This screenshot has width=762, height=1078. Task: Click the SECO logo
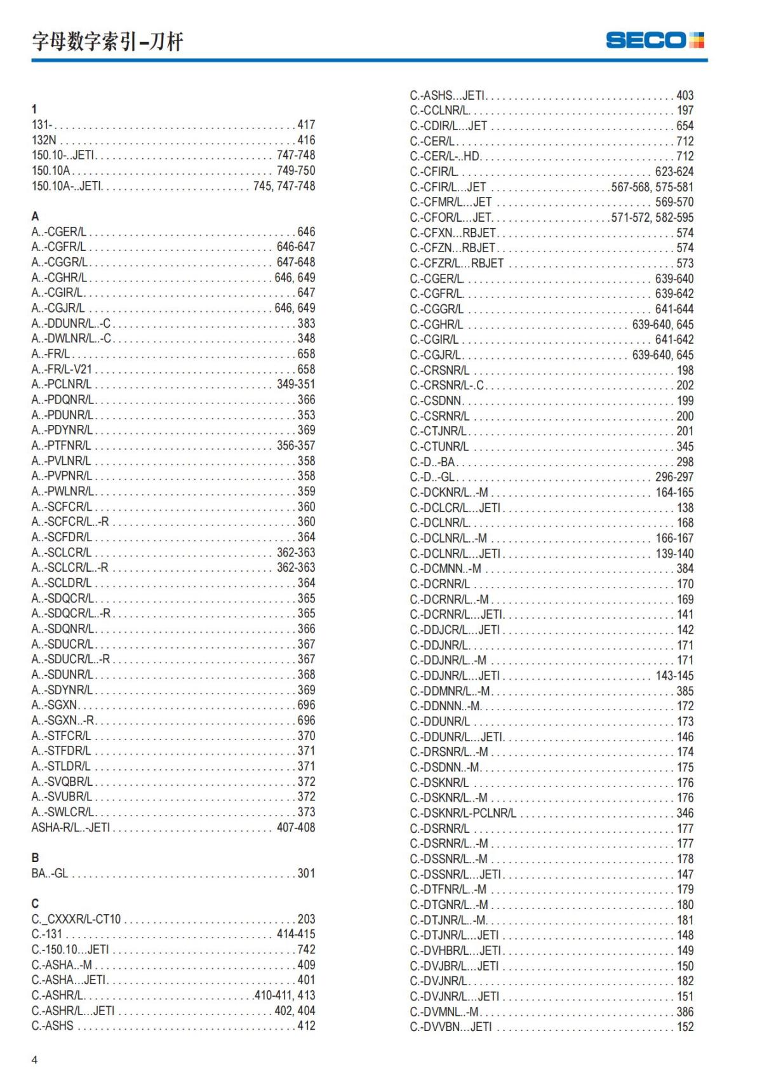[655, 40]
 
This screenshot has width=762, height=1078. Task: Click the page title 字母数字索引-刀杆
[107, 42]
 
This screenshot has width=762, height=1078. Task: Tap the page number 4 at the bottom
[34, 1059]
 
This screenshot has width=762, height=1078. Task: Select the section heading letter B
[35, 858]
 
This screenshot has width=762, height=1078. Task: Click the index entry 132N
[44, 140]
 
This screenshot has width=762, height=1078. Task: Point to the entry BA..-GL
[50, 873]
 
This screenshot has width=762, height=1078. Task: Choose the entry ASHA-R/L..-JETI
[70, 827]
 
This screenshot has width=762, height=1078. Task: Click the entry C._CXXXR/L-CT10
[76, 919]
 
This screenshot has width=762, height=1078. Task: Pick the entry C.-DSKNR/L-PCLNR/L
[463, 813]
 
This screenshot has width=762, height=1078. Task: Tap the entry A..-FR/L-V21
[62, 369]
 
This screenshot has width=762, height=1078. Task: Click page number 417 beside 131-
[306, 125]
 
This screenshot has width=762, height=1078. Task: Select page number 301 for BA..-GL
[306, 873]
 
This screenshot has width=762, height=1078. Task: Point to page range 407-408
[296, 827]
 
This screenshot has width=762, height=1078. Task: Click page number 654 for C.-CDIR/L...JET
[685, 126]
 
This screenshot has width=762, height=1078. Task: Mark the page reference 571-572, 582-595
[652, 217]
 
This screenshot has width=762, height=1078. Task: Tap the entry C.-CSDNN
[436, 401]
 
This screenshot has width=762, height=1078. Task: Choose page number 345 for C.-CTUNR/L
[685, 447]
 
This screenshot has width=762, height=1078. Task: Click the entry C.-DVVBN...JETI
[451, 1027]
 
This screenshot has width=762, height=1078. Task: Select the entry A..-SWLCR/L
[62, 812]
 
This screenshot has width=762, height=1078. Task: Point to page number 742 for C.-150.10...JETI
[306, 950]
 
